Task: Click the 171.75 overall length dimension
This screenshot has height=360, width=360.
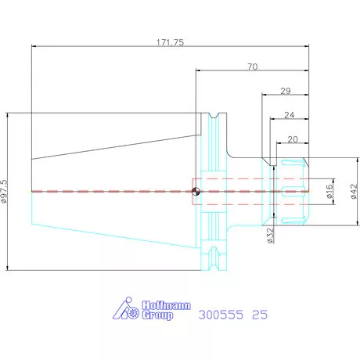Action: coord(170,42)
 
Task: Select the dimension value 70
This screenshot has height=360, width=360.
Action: coord(252,67)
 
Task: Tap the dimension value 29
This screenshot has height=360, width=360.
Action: coord(286,91)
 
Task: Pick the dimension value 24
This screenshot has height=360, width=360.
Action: coord(289,115)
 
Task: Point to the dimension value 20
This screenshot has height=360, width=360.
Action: coord(293,139)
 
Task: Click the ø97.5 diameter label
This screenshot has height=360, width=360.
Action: coord(4,191)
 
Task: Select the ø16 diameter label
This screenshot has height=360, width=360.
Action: coord(329,191)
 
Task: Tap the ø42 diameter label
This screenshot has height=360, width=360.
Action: coord(354,191)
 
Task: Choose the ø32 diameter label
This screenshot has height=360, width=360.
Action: coord(271,236)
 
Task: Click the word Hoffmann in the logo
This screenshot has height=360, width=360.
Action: coord(167,305)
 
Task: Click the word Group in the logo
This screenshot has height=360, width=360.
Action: coord(157,315)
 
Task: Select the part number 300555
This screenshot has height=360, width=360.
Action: coord(221,315)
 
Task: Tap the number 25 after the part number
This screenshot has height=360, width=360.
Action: coord(260,315)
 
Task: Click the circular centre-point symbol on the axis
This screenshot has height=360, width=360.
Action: coord(196,192)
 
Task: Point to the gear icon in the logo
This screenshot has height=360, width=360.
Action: coord(133,312)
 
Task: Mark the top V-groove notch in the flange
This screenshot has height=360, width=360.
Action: coord(214,116)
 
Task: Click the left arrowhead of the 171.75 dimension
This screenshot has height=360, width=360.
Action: coord(34,46)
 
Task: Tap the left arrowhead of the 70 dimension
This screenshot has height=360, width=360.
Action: coord(198,70)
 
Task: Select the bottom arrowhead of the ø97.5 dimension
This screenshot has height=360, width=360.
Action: coord(7,268)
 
